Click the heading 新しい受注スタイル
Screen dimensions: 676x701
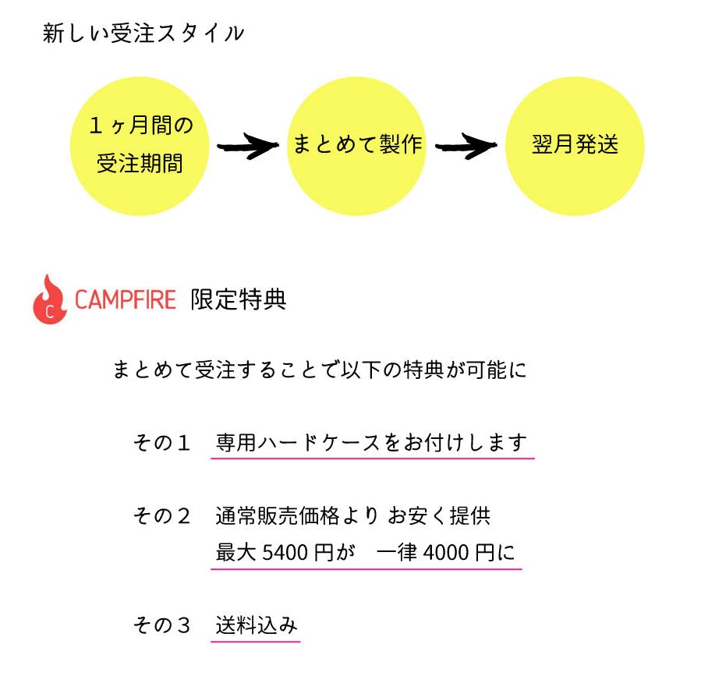click(143, 34)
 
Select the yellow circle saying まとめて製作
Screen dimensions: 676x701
click(357, 145)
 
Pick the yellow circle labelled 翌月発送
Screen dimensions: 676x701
click(575, 146)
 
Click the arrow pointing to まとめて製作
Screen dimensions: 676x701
click(247, 146)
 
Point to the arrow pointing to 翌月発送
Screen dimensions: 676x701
click(466, 146)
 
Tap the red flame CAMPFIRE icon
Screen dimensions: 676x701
click(50, 299)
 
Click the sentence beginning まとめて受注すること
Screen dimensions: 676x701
click(320, 370)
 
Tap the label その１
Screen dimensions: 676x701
click(162, 443)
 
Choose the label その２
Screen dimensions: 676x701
click(162, 516)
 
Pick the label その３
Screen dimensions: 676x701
click(162, 625)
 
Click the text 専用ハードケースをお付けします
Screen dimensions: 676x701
click(372, 443)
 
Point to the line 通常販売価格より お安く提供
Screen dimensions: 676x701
click(352, 516)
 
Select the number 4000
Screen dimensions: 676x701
click(446, 553)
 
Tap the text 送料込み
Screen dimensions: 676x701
click(256, 625)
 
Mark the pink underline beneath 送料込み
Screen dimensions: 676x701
click(256, 642)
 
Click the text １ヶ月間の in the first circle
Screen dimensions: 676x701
click(140, 125)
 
